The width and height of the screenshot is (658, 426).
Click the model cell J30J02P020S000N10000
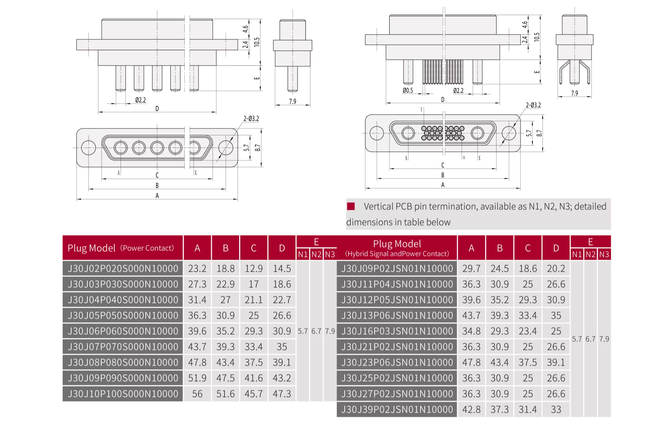[123, 268]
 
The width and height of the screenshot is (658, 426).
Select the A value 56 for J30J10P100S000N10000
[197, 394]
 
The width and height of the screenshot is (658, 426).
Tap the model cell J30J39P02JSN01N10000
[397, 410]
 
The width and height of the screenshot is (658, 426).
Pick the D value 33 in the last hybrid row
[556, 410]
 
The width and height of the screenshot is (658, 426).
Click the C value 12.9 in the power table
[254, 268]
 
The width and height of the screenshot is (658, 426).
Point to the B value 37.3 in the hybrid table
[500, 410]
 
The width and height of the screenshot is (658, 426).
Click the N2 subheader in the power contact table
[316, 254]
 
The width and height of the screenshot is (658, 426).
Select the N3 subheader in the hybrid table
[604, 254]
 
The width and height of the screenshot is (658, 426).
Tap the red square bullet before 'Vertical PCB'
[351, 206]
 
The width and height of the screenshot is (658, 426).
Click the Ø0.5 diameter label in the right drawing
[408, 90]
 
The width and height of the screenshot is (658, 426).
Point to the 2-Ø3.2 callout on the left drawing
[251, 118]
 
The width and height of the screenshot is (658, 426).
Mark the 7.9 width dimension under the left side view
[292, 101]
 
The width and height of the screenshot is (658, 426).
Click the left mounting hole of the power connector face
[88, 148]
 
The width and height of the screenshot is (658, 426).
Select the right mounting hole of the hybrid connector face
[509, 133]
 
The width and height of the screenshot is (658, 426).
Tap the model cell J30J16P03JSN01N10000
[397, 331]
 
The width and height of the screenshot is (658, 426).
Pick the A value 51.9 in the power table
[197, 378]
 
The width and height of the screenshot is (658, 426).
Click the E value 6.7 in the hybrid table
[590, 339]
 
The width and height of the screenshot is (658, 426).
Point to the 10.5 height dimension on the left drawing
[257, 42]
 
